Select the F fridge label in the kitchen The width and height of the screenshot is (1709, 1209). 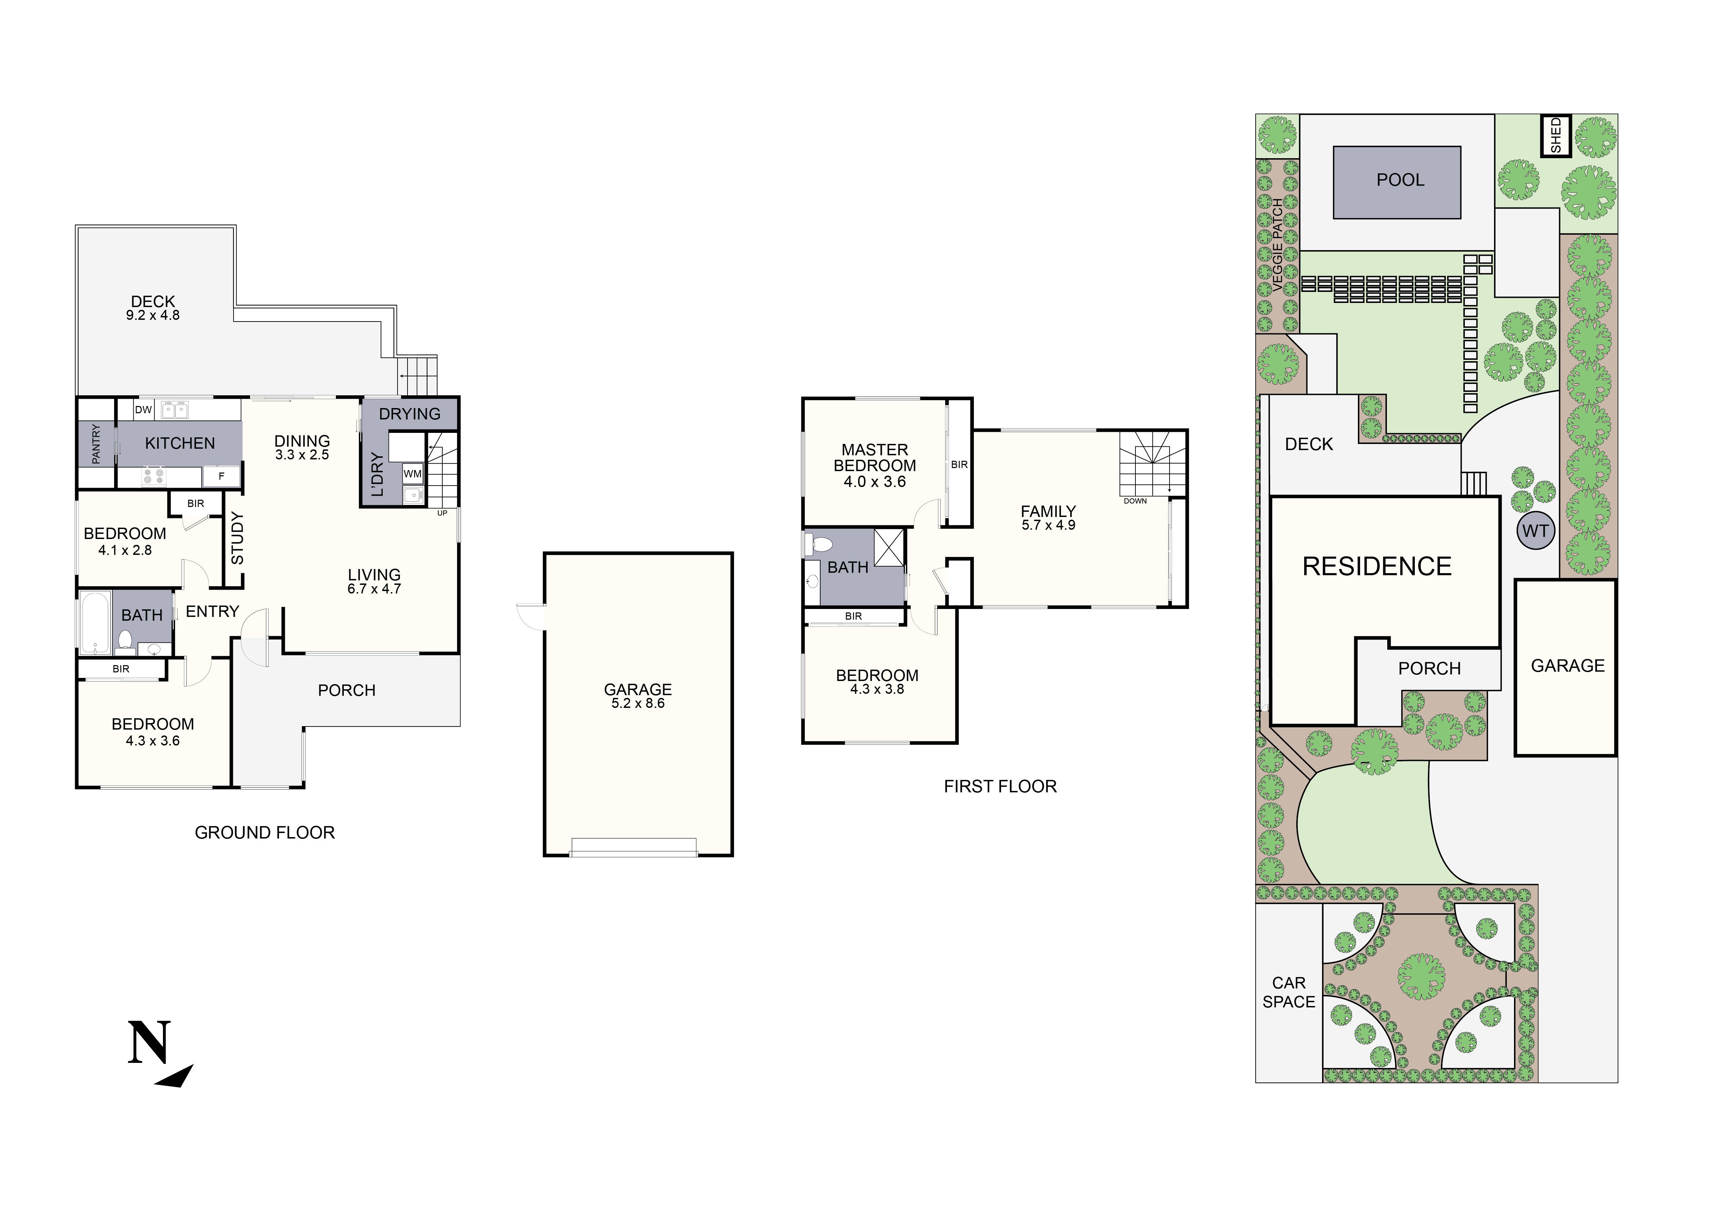coord(221,476)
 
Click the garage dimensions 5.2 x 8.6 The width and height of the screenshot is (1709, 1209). coord(638,703)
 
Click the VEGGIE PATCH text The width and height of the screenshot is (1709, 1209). coord(1278,245)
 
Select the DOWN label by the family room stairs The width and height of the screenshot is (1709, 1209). coord(1135,501)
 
